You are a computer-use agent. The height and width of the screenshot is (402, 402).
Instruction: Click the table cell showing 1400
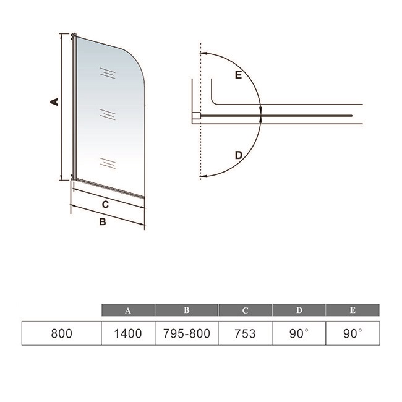128,333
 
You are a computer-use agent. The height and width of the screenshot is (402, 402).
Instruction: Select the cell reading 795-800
186,333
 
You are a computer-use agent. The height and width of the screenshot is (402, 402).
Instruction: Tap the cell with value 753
245,333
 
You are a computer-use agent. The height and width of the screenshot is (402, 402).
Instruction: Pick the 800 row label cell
61,333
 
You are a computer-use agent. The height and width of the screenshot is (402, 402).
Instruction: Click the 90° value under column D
299,333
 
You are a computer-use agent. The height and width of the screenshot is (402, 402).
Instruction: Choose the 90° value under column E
353,333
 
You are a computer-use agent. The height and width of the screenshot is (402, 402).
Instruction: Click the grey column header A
128,310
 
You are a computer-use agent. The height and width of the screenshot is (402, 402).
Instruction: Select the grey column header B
186,310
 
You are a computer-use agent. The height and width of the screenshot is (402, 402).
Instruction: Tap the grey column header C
245,310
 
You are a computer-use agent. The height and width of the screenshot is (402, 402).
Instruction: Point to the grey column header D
299,310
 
